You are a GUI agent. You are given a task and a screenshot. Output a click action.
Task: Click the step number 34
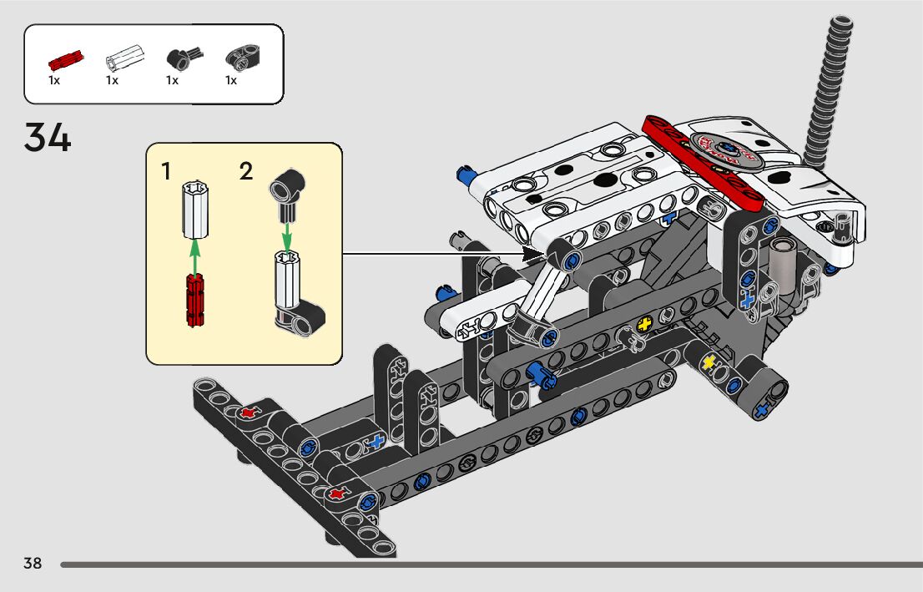47,137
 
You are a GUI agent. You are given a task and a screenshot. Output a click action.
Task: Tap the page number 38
33,563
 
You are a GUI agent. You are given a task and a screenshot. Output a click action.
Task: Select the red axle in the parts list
66,59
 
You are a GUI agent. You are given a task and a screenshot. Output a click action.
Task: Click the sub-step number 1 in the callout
167,171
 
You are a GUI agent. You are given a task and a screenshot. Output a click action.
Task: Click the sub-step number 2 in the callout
246,171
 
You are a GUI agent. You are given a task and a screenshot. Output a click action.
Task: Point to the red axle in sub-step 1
194,300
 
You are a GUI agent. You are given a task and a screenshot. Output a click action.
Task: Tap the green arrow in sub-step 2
287,235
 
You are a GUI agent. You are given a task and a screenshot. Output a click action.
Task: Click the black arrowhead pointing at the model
533,255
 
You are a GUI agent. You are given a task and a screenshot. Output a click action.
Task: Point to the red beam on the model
703,162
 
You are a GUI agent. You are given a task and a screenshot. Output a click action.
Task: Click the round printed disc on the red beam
723,151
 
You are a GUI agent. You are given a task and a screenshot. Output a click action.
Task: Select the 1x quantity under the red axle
54,80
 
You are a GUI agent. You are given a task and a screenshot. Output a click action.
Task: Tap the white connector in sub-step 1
194,210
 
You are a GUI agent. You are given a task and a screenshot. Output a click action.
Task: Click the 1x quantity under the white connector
113,80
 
